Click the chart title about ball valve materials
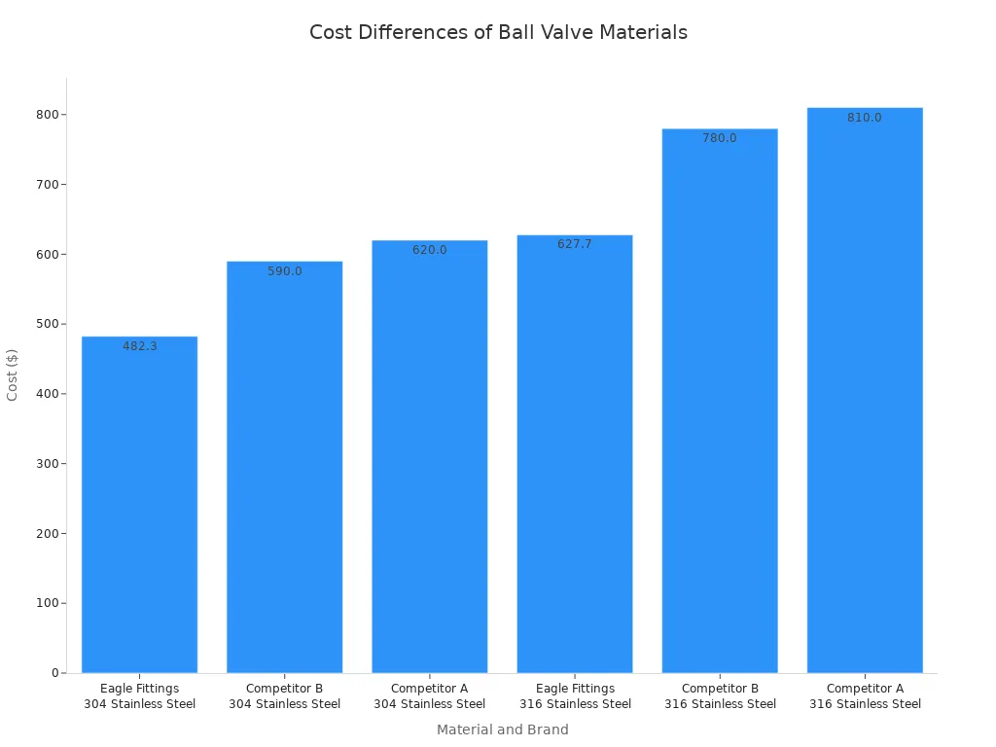tap(498, 32)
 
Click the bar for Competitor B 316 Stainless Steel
tap(720, 409)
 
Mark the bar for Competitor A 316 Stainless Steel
tap(865, 399)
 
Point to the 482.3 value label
tap(139, 346)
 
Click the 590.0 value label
tap(285, 271)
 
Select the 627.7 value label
tap(575, 244)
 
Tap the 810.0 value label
tap(865, 118)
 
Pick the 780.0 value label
tap(720, 138)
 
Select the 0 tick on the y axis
tap(54, 673)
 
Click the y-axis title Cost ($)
tap(13, 374)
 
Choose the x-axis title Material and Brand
tap(502, 729)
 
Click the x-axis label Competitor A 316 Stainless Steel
tap(865, 696)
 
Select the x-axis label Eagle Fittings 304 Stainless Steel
tap(139, 696)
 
